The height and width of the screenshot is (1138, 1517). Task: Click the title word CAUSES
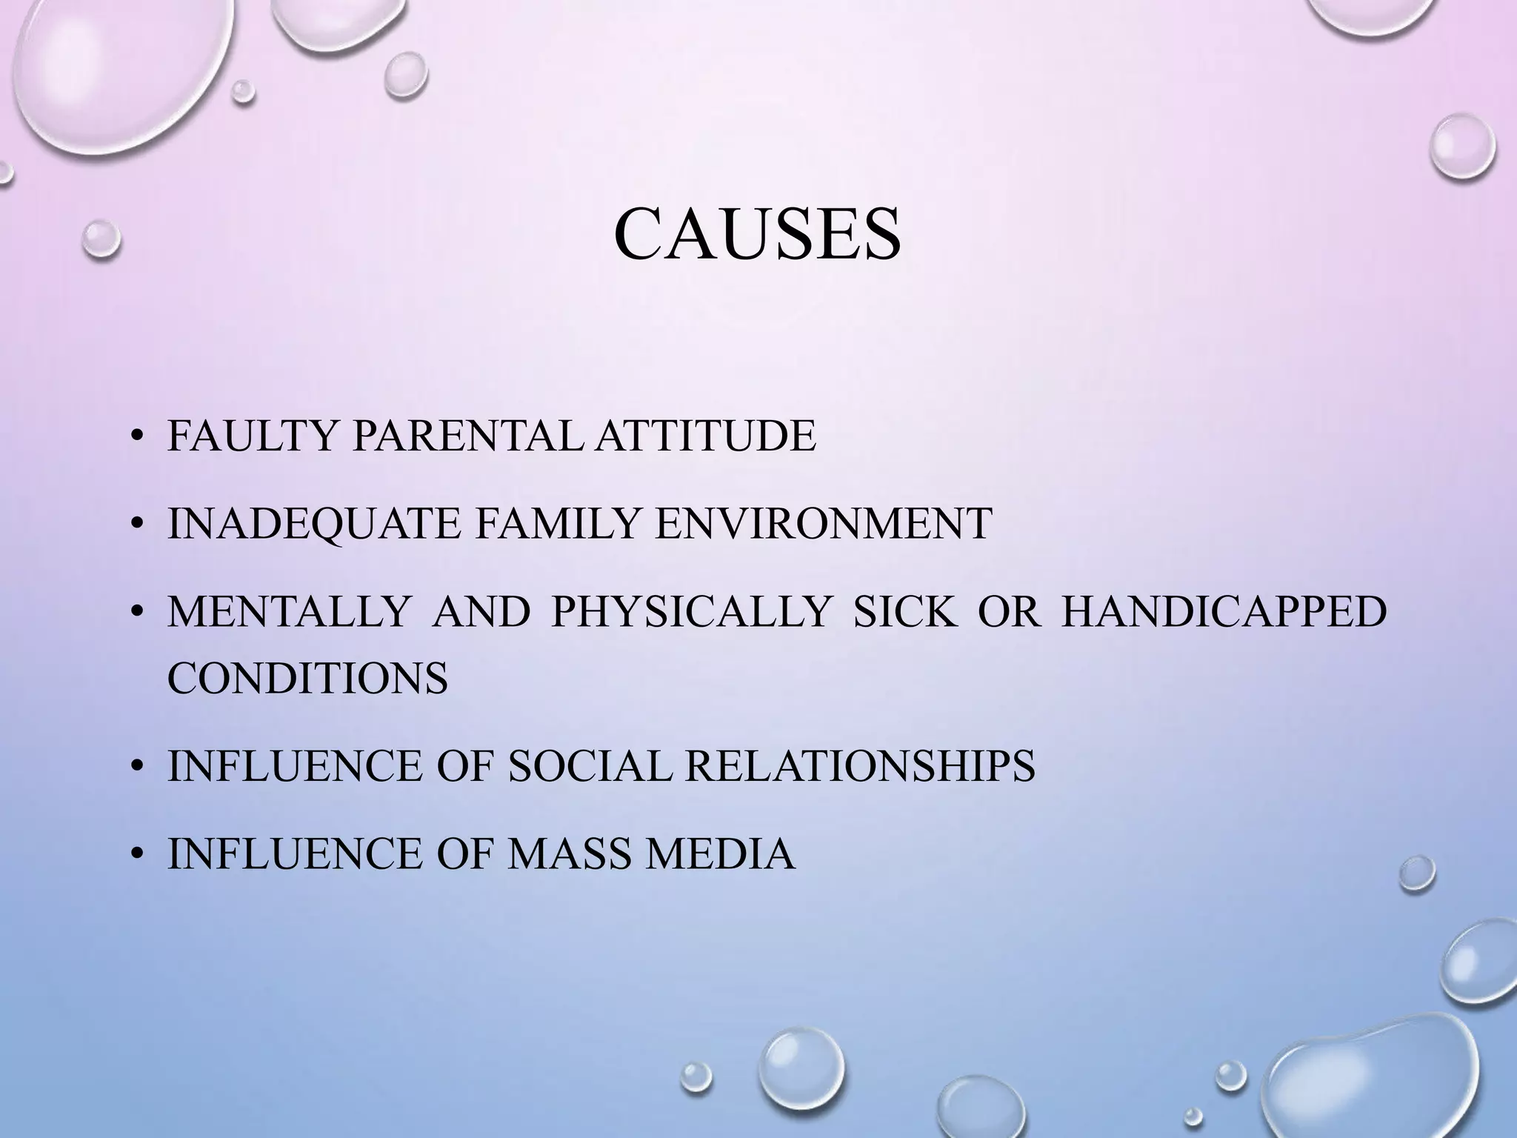pos(757,234)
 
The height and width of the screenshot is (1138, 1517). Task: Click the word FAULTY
pos(253,436)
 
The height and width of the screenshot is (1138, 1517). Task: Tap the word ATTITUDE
pos(706,436)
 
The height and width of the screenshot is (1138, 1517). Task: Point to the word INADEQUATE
pos(315,524)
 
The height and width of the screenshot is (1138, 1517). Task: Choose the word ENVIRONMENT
pos(824,524)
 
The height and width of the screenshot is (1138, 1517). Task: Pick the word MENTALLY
pos(289,612)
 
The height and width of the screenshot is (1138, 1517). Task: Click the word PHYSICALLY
pos(690,612)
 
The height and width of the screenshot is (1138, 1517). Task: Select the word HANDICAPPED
pos(1224,612)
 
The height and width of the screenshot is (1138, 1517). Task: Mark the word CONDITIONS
pos(307,677)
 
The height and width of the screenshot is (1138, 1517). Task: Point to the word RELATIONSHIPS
pos(859,766)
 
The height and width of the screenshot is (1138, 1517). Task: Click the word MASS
pos(570,854)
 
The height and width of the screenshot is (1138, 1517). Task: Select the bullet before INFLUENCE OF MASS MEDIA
pos(136,856)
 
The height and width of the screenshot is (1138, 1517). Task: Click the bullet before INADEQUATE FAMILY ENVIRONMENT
pos(136,525)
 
